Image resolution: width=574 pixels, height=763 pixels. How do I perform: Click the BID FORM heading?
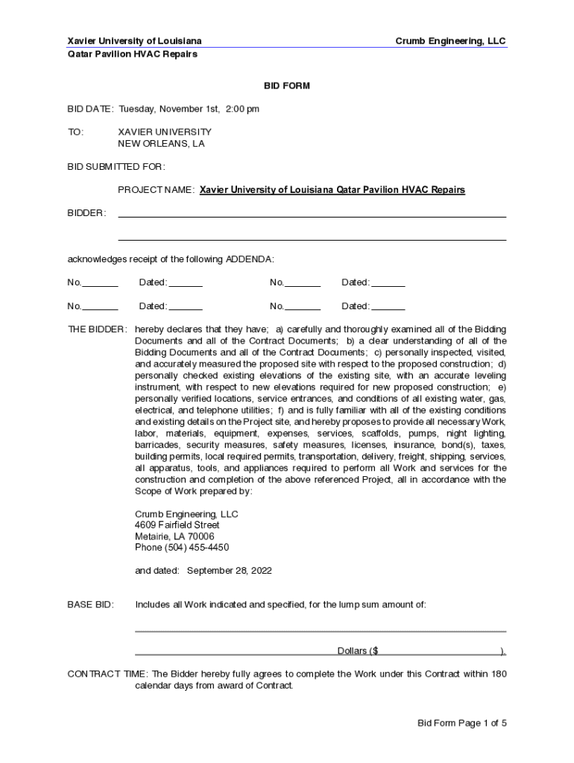click(286, 86)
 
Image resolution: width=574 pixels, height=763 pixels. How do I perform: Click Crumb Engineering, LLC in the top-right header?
click(450, 42)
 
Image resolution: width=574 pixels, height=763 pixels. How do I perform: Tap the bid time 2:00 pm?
click(242, 110)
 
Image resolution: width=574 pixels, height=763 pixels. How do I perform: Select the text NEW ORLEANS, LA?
click(161, 144)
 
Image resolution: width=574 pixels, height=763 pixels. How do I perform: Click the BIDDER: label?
click(86, 213)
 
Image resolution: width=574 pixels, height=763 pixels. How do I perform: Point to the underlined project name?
click(332, 190)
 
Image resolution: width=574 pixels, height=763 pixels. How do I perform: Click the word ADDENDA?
click(250, 259)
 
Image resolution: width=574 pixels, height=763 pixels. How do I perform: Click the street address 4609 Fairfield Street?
click(177, 525)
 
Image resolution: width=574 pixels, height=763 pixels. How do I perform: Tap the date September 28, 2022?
click(229, 571)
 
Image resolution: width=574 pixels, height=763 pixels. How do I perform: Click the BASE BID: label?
click(91, 605)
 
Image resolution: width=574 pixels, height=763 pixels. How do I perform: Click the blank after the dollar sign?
click(439, 651)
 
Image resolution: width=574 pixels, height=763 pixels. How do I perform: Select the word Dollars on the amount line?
click(352, 651)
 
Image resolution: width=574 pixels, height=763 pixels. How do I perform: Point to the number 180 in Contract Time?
click(498, 674)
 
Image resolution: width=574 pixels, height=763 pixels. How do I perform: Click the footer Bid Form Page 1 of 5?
click(462, 723)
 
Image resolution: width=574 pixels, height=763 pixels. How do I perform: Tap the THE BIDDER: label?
click(97, 329)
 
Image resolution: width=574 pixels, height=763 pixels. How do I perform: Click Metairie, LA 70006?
click(174, 536)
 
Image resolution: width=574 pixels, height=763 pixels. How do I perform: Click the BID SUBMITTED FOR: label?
click(116, 167)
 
